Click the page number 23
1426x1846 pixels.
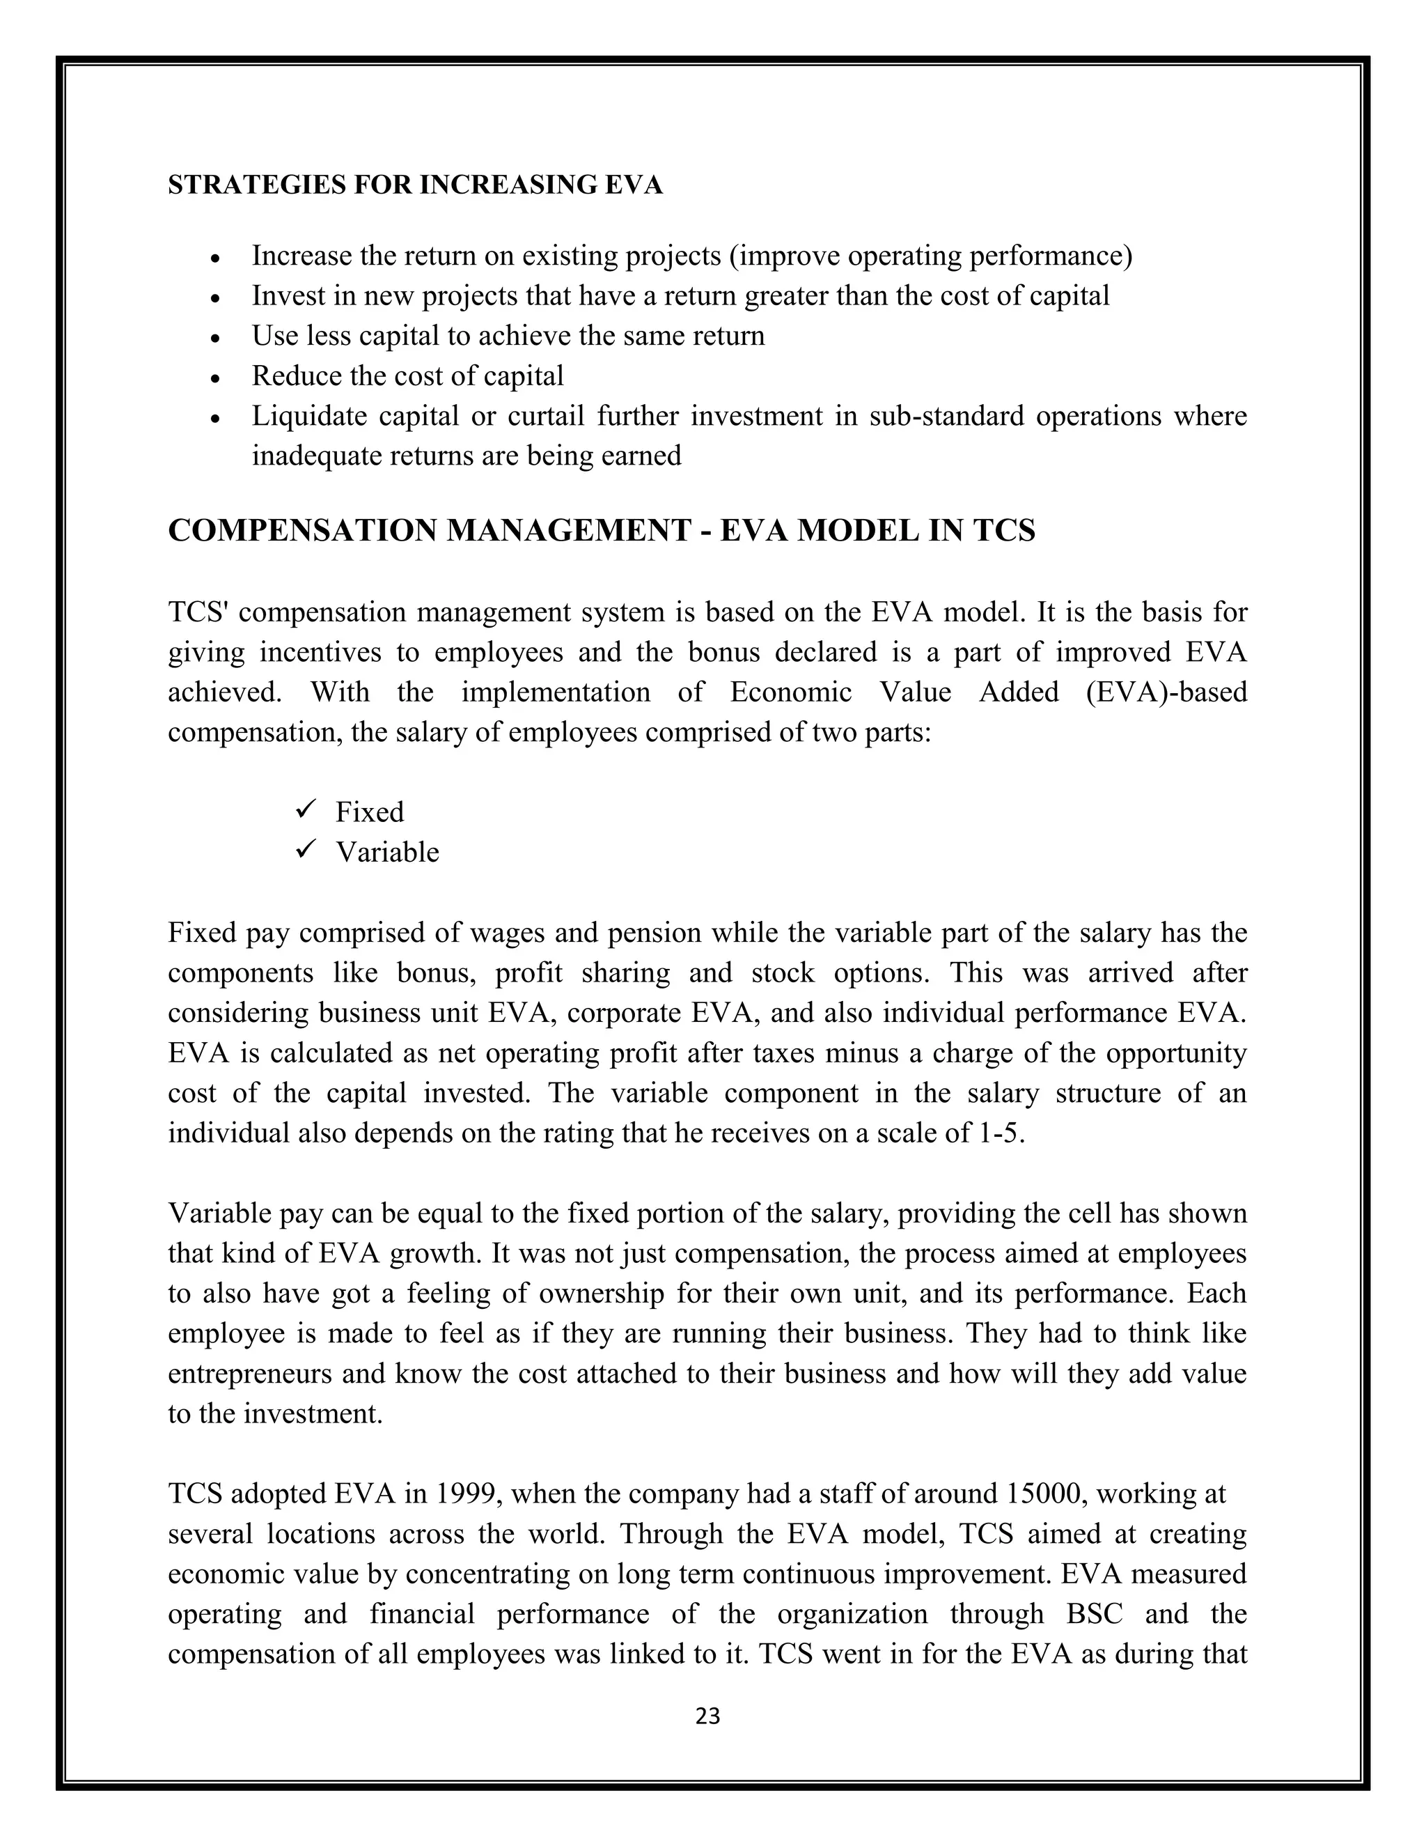tap(707, 1716)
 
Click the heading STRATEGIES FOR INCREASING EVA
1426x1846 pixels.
tap(415, 185)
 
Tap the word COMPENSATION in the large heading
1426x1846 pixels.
tap(302, 531)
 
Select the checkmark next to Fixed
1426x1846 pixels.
tap(305, 809)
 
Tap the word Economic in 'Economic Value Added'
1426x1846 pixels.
tap(791, 692)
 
